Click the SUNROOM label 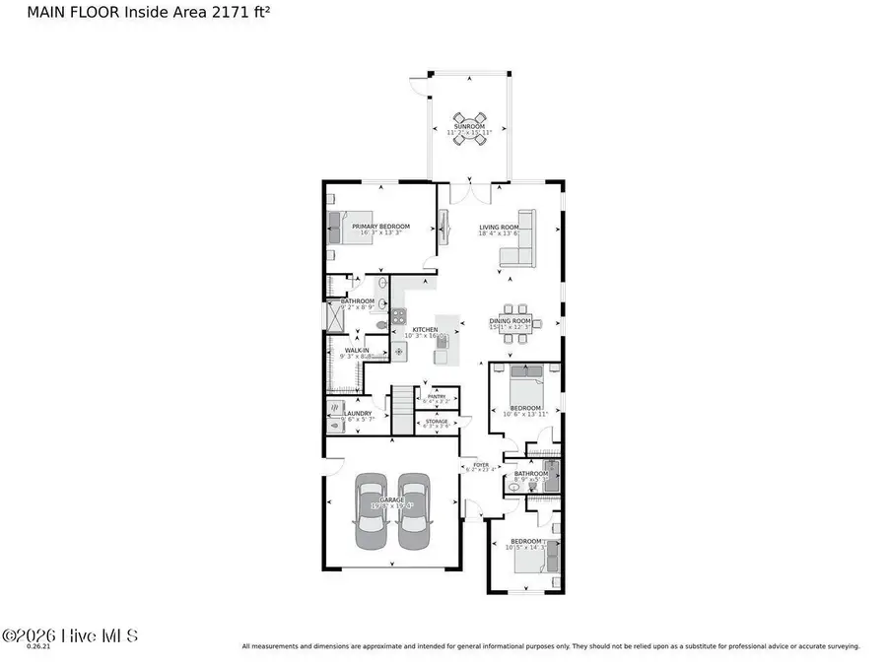[469, 126]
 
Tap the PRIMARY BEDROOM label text [380, 226]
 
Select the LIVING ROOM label [498, 227]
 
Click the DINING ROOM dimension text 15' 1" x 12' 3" [510, 327]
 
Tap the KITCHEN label [425, 329]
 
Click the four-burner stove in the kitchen [399, 316]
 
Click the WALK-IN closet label [357, 350]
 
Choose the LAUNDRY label [358, 413]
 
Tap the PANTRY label [437, 396]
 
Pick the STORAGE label [436, 420]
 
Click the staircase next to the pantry [403, 408]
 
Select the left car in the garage [372, 510]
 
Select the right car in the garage [413, 510]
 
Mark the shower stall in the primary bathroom [333, 317]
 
